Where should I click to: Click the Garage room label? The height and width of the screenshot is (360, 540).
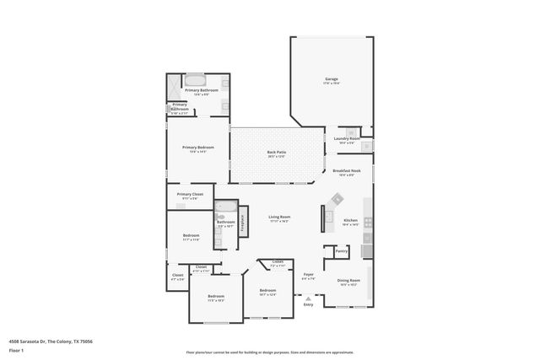tap(332, 80)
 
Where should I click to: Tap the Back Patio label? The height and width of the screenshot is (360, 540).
tap(278, 153)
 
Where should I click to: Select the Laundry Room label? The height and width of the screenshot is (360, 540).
tap(346, 139)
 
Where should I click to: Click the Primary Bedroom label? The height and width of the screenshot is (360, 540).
tap(198, 148)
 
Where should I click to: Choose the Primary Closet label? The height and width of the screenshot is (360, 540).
tap(190, 196)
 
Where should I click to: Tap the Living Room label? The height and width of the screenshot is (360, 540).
tap(279, 218)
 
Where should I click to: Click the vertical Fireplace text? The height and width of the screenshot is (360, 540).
tap(242, 223)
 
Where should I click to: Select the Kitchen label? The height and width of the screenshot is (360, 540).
tap(351, 222)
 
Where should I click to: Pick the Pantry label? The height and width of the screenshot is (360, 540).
tap(341, 250)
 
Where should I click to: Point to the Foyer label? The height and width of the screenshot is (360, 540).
tap(309, 275)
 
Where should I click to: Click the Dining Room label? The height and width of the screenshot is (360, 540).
tap(349, 281)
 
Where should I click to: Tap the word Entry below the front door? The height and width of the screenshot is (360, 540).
tap(308, 304)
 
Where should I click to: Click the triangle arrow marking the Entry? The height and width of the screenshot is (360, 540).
tap(308, 298)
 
